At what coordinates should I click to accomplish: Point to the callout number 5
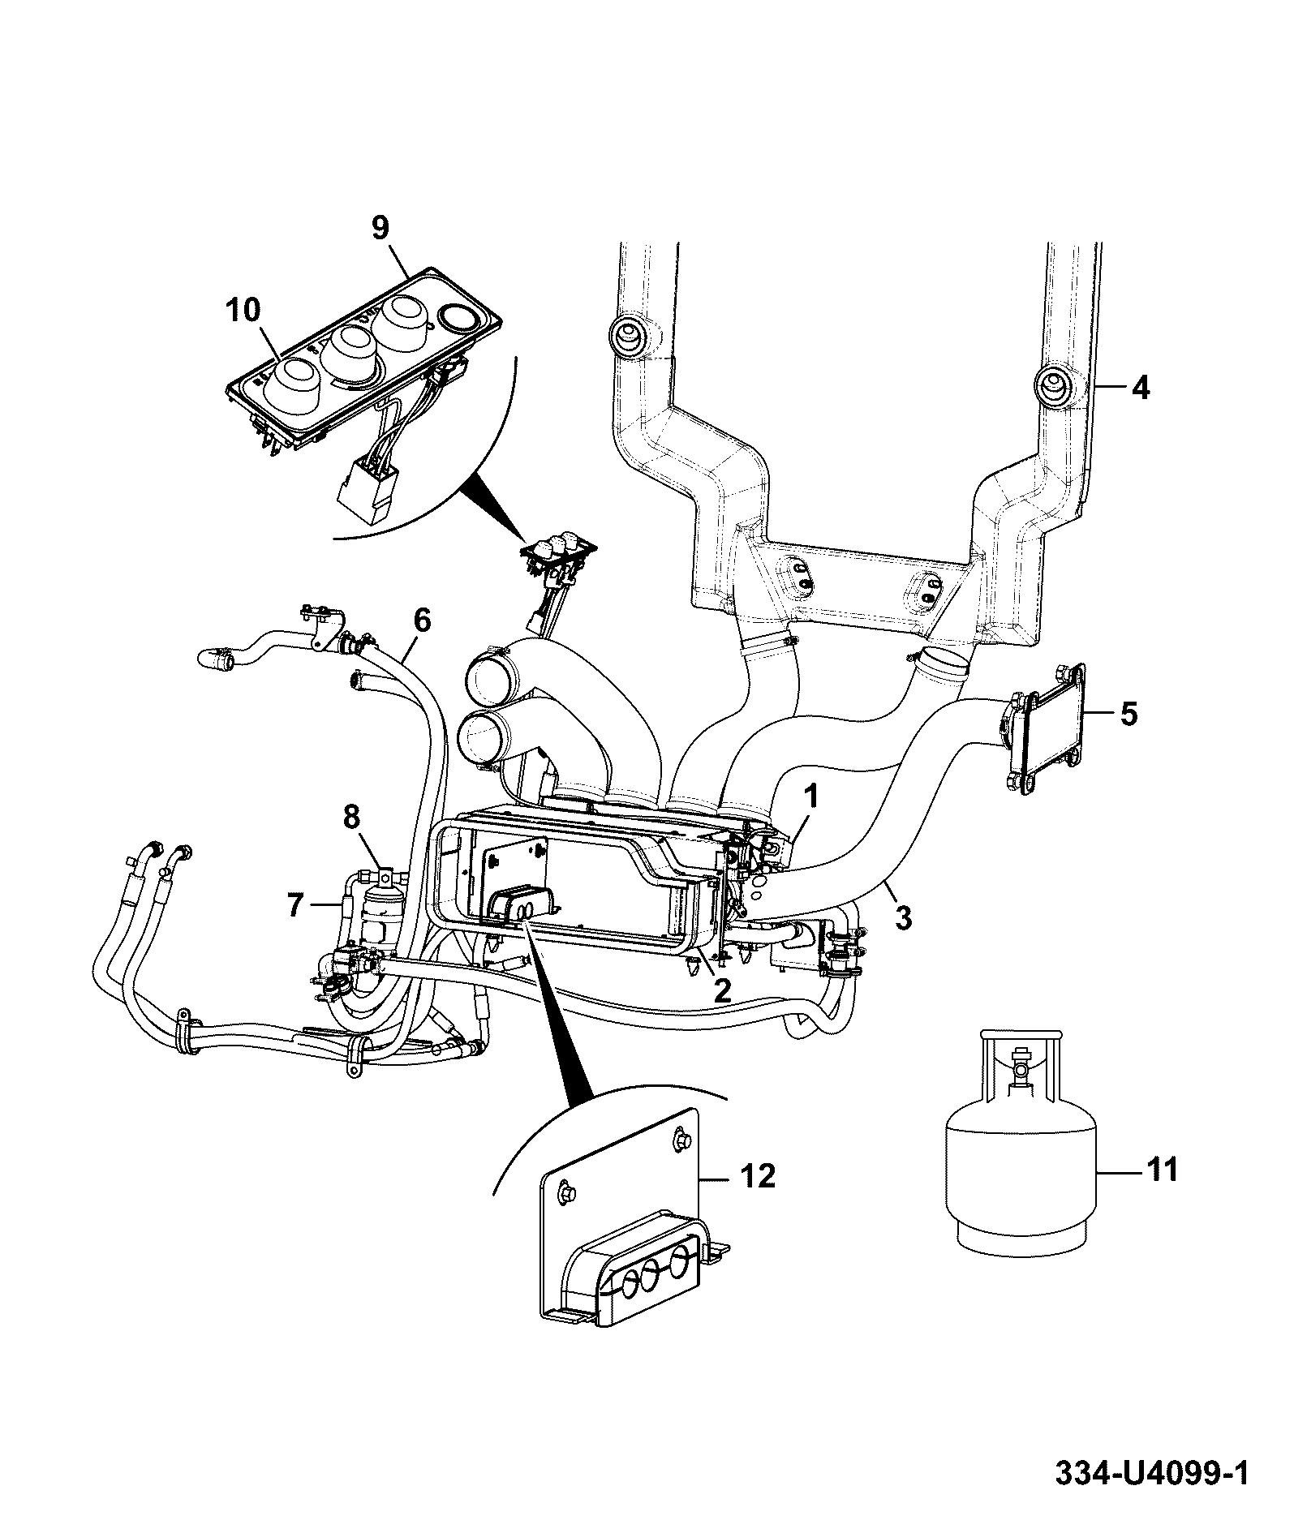coord(1129,715)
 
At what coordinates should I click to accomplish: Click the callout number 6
coord(421,620)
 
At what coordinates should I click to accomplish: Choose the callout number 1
coord(811,797)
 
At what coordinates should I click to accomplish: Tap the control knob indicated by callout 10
coord(293,382)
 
